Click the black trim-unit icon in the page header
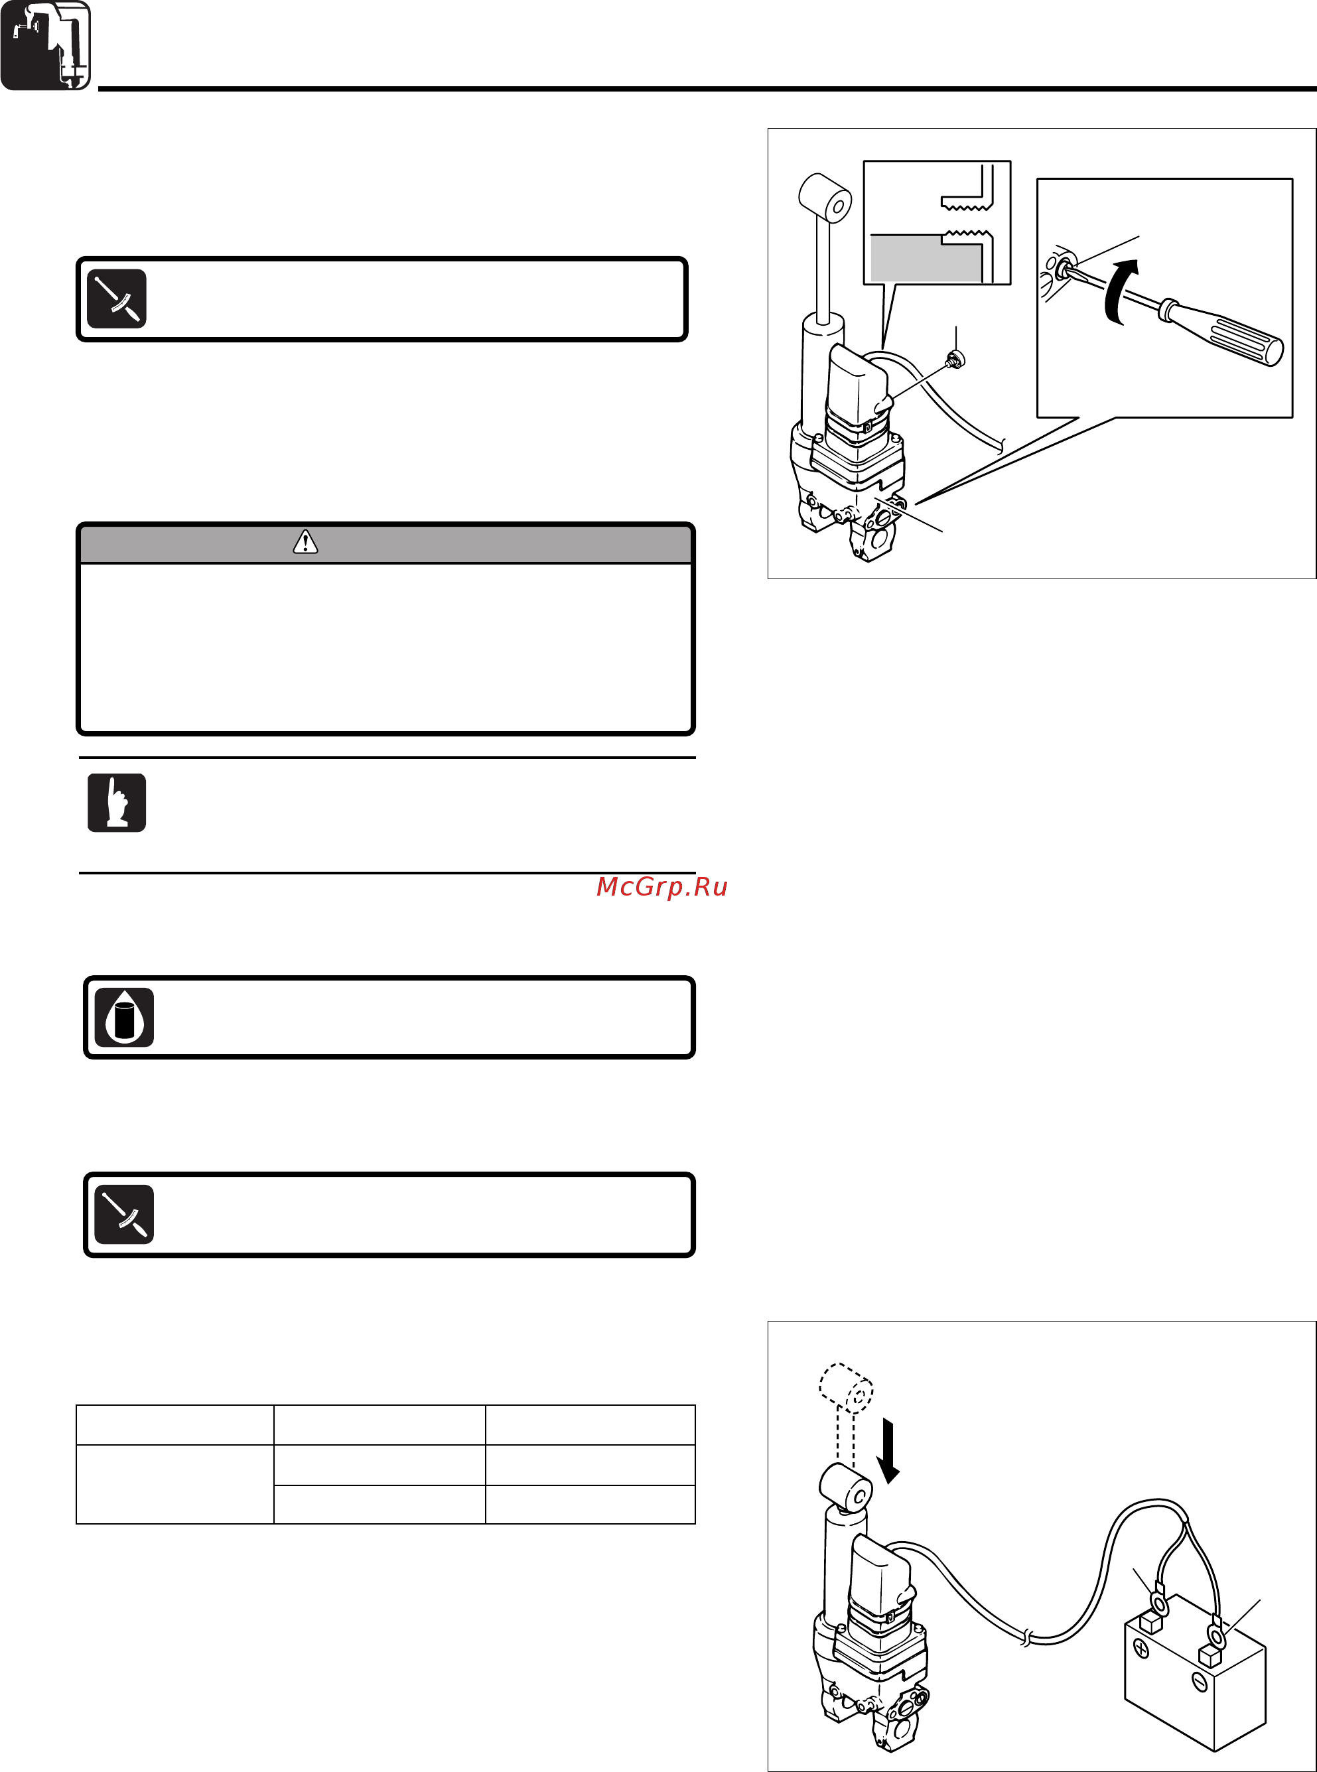tap(45, 45)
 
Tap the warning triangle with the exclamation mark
tap(305, 543)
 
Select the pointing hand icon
tap(116, 803)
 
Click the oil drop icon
tap(124, 1017)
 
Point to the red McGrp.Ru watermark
tap(661, 886)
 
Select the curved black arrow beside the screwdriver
tap(1119, 291)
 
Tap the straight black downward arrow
tap(887, 1452)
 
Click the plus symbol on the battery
tap(1141, 1649)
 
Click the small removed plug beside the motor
tap(955, 360)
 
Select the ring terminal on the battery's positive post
tap(1159, 1603)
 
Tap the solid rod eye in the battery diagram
tap(846, 1487)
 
